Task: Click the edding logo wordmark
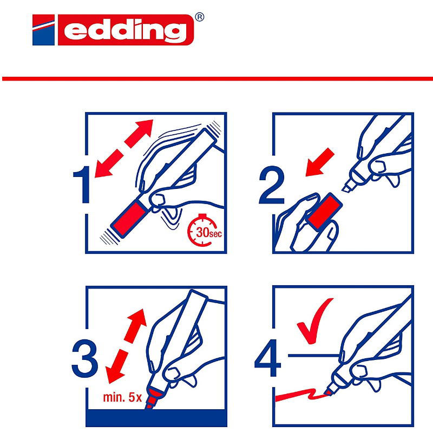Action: pos(126,30)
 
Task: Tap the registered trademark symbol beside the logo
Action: pos(199,17)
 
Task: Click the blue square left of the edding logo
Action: pos(44,30)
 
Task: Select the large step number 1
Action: pos(82,184)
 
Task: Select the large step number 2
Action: pos(272,185)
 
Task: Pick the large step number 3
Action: pos(85,358)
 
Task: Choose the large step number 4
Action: pos(268,358)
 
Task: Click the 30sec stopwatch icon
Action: pos(205,230)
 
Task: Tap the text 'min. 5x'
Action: pos(122,397)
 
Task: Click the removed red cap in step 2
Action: pos(324,211)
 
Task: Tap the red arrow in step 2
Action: pos(320,162)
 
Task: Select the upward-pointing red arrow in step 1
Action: pos(139,133)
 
